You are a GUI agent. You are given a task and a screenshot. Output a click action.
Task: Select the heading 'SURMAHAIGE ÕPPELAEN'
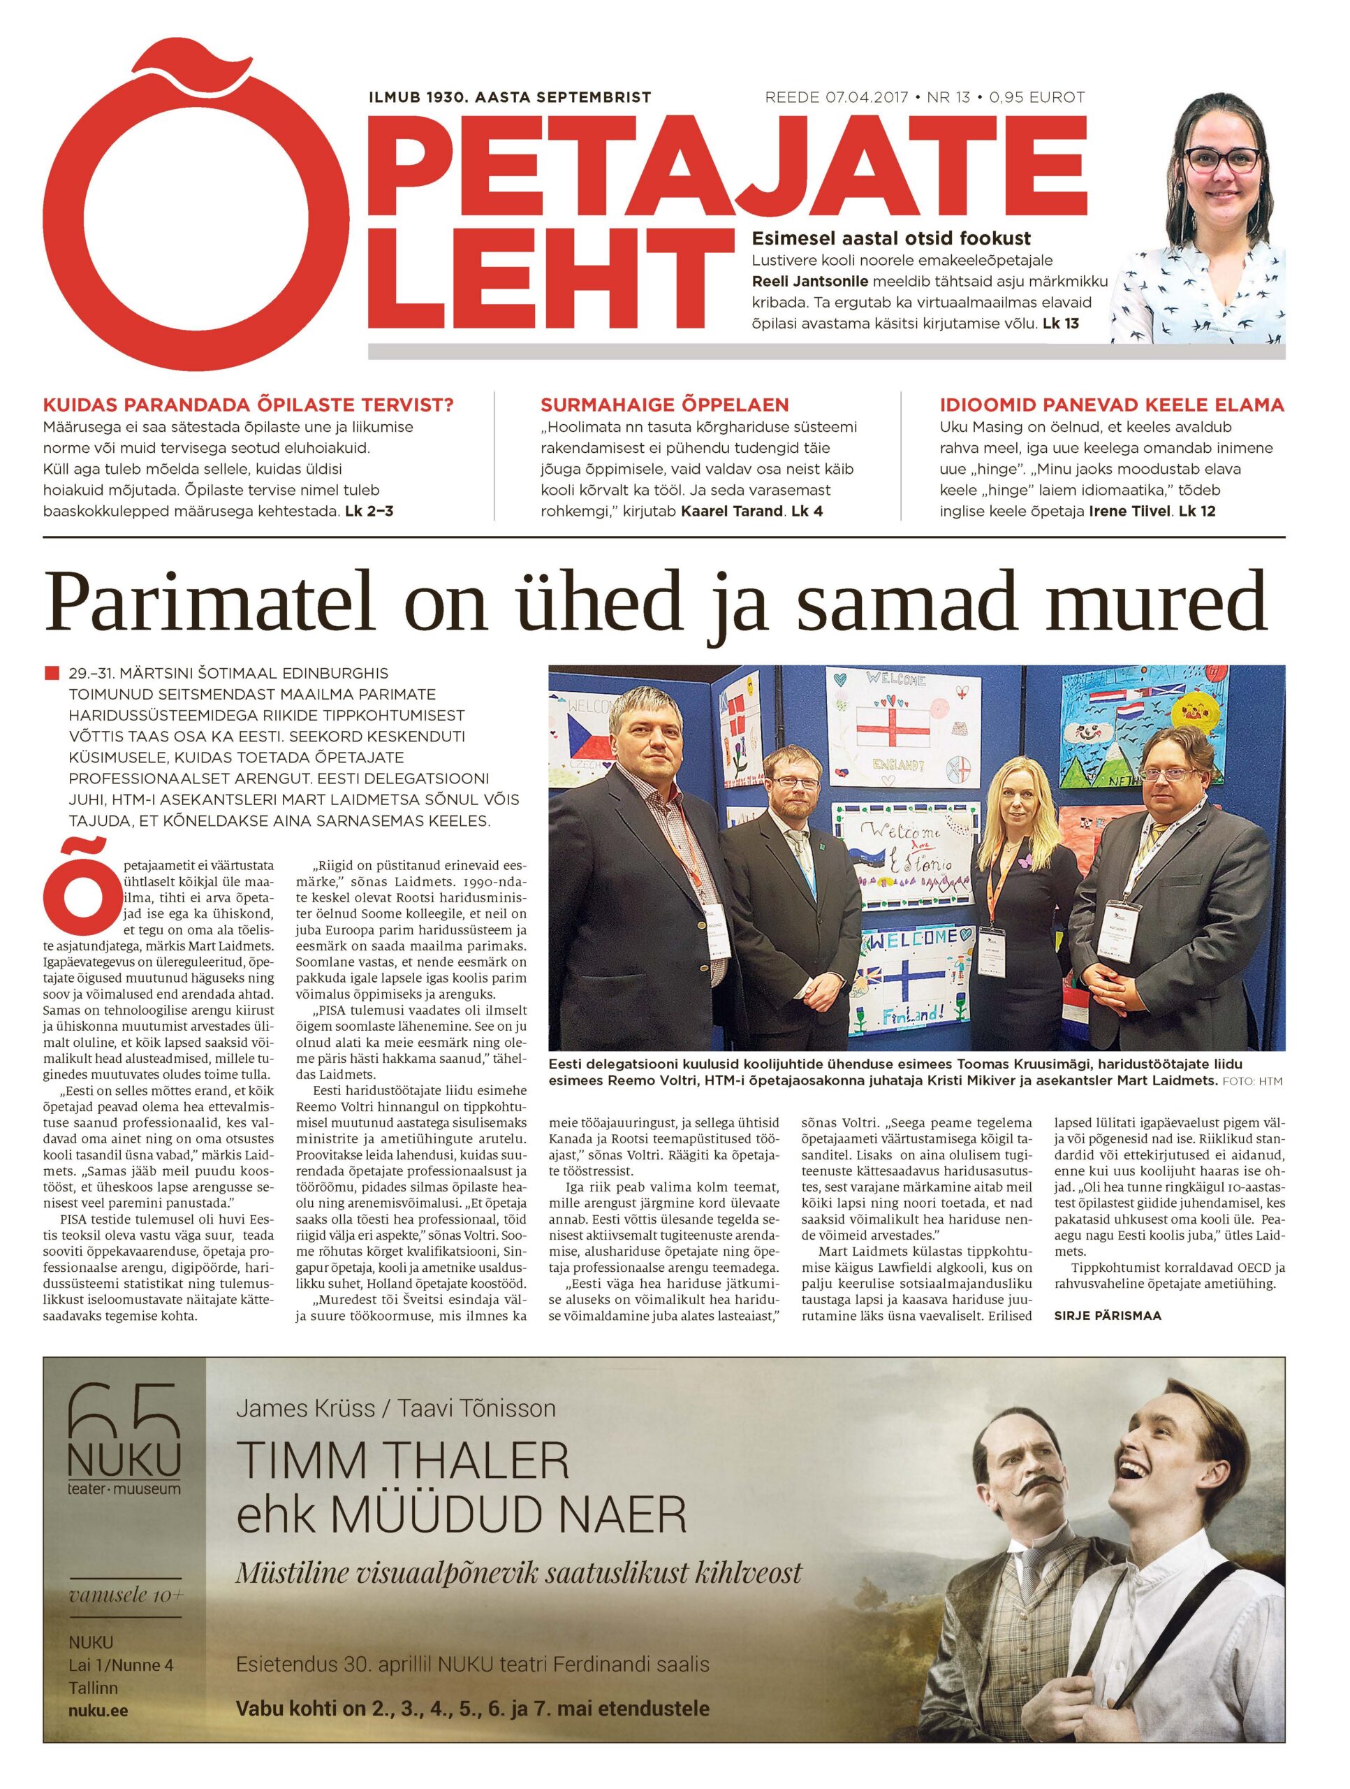click(664, 405)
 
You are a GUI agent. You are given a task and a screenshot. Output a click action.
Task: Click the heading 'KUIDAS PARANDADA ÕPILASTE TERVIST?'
click(247, 405)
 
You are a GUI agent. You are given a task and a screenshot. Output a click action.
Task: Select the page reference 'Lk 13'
click(1061, 324)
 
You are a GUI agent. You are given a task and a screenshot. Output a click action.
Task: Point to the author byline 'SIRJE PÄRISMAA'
click(1108, 1316)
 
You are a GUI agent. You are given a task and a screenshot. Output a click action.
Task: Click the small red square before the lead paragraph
click(53, 673)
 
